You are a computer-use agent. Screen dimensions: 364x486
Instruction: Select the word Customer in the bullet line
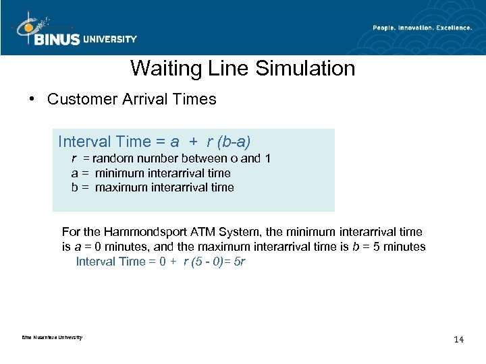80,100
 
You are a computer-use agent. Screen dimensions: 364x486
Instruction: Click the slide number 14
459,339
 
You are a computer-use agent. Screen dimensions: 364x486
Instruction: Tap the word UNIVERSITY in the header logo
109,39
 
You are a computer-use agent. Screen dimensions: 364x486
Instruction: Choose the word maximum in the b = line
117,187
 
